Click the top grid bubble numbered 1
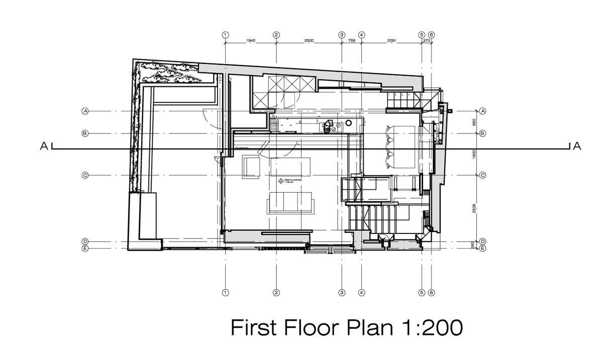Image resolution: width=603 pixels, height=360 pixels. point(225,35)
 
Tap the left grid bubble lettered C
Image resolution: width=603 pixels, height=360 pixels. point(85,175)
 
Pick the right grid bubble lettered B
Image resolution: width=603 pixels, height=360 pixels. point(482,134)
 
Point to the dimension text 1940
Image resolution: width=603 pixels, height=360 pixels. point(251,42)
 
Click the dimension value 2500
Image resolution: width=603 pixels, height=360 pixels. point(309,42)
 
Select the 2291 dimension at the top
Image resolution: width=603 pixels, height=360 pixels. point(392,42)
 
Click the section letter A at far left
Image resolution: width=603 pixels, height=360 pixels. point(44,147)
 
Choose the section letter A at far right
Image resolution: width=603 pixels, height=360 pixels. point(577,147)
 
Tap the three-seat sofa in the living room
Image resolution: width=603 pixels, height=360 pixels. point(290,203)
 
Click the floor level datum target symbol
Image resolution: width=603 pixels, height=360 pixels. point(280,181)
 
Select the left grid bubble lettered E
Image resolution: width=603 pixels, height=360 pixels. point(85,248)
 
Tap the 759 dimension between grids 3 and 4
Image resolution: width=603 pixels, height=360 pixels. point(352,42)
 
